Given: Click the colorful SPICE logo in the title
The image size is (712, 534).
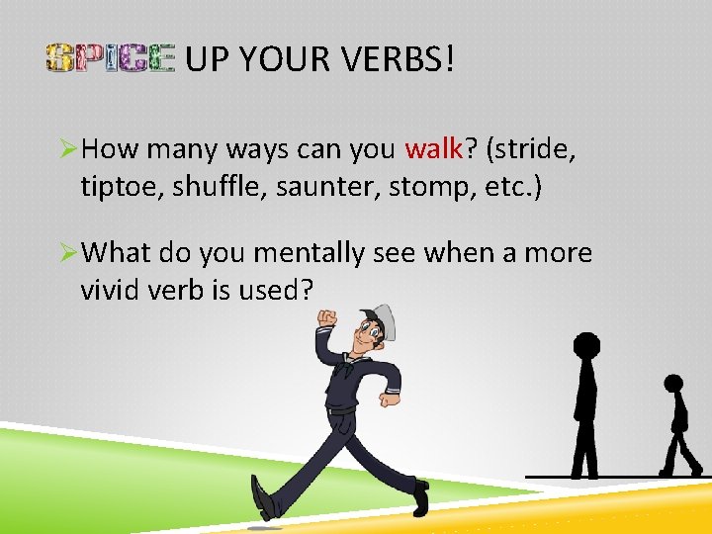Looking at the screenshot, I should [110, 59].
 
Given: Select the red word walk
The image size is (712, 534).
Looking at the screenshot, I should [434, 149].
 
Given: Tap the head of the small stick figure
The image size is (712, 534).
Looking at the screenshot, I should [673, 384].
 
